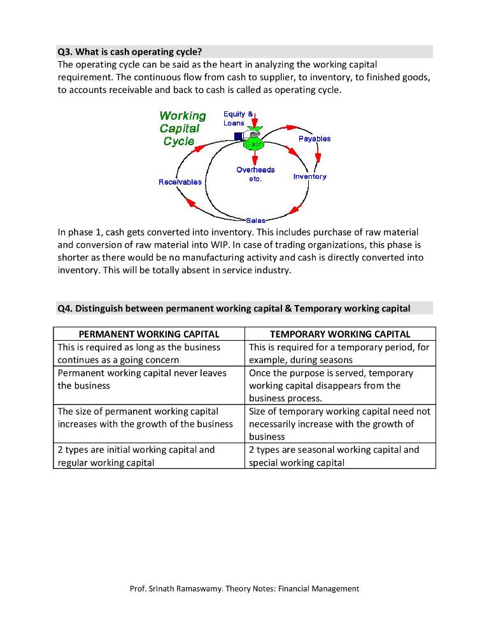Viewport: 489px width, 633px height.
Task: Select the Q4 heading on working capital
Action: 233,308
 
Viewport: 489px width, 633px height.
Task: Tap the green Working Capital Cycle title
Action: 182,128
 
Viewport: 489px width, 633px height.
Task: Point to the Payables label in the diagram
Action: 314,138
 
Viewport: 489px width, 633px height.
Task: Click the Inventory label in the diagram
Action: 309,176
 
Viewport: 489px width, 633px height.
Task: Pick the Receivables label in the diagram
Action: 180,182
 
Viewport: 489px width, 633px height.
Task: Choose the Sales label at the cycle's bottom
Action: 255,220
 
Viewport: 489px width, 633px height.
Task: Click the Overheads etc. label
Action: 255,174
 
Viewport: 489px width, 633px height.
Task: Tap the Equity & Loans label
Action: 234,118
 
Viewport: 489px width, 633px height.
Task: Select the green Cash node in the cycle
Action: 254,144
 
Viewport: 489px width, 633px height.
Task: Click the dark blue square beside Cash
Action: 238,136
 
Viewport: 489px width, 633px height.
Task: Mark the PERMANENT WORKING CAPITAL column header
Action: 148,334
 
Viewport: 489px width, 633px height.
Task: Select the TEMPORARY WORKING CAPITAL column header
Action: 340,334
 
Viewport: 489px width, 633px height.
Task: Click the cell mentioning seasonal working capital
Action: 340,456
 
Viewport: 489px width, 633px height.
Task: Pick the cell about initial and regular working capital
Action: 148,456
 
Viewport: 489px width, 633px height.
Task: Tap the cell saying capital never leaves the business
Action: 148,379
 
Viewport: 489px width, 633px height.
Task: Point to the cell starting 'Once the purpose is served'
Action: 340,385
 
